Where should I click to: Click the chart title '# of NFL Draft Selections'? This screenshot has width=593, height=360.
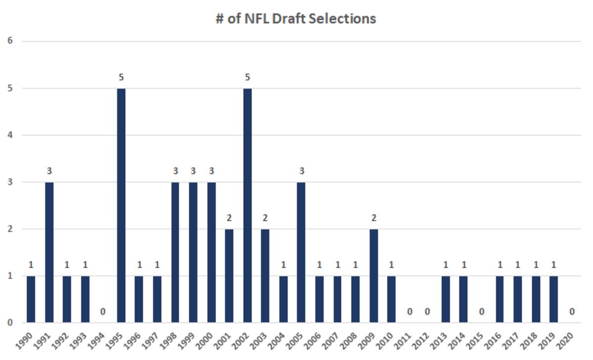[296, 19]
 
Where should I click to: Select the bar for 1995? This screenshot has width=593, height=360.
[121, 205]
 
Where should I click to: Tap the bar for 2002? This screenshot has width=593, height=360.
[247, 205]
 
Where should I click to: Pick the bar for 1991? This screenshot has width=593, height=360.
[49, 252]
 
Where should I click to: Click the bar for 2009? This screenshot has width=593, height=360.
[374, 275]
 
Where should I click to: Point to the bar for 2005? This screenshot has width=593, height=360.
[301, 252]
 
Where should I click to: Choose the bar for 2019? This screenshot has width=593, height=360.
[554, 299]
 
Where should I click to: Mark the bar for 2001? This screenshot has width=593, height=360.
[229, 275]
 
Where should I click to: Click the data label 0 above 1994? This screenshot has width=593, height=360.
[103, 312]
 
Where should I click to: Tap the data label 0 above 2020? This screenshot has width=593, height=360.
[572, 312]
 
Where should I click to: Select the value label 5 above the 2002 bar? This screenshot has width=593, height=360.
[247, 78]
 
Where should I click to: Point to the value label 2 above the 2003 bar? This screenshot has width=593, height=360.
[265, 218]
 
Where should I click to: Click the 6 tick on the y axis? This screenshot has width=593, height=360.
[10, 41]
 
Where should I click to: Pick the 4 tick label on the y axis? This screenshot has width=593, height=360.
[10, 135]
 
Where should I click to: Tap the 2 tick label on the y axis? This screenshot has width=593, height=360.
[10, 229]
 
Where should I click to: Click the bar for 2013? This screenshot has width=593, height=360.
[446, 299]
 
